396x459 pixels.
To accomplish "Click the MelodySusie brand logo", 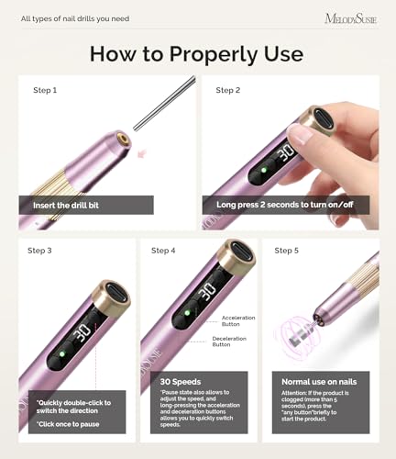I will (350, 17).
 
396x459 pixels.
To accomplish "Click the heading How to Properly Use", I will (197, 53).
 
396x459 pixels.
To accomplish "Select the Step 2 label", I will (228, 90).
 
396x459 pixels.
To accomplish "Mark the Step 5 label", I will (286, 250).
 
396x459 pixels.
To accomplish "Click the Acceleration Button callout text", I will (238, 319).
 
